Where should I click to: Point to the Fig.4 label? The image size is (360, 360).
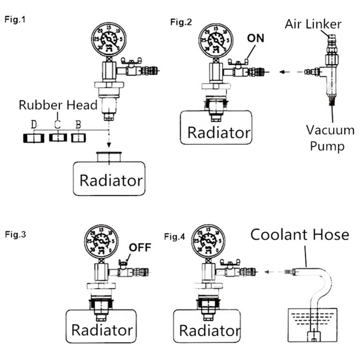175,236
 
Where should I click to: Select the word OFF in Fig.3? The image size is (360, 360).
140,247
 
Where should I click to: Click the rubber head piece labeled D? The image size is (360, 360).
33,138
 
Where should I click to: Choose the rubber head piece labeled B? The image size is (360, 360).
78,138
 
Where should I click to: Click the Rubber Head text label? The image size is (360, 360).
58,105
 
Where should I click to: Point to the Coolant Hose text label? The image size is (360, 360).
300,234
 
